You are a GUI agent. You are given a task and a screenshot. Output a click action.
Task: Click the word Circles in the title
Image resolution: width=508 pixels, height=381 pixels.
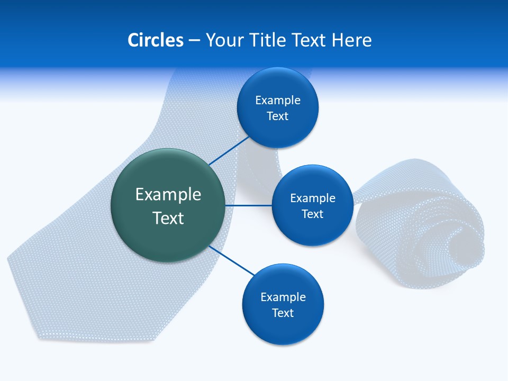click(x=156, y=40)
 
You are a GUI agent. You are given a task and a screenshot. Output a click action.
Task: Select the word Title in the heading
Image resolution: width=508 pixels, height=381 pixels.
click(x=267, y=40)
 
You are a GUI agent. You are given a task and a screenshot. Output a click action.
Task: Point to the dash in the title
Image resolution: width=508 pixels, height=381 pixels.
click(x=194, y=41)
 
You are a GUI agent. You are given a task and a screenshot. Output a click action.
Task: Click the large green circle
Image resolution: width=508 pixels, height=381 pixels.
click(x=168, y=205)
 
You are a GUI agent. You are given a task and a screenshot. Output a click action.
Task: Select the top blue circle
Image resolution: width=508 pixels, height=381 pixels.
click(x=278, y=107)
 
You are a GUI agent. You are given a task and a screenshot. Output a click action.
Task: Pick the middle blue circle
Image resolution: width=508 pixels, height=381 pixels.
click(x=313, y=205)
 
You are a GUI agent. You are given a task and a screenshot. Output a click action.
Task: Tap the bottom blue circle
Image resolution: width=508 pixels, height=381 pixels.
click(x=283, y=304)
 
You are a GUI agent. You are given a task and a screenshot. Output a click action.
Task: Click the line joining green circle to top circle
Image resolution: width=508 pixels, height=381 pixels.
click(x=229, y=151)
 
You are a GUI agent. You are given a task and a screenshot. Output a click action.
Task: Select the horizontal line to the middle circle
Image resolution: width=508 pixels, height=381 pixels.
click(x=249, y=205)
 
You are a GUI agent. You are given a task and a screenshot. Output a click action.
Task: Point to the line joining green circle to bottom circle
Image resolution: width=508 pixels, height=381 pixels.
click(x=232, y=261)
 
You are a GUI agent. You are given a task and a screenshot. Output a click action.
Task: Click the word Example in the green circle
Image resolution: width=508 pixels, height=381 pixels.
click(x=168, y=195)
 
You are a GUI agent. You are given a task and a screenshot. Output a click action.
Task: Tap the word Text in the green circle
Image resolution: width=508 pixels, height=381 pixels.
click(x=168, y=217)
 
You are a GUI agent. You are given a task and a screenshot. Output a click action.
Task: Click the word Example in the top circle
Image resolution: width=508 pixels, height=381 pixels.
click(x=278, y=101)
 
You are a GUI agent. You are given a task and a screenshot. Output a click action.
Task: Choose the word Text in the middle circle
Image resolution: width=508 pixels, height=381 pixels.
click(x=313, y=214)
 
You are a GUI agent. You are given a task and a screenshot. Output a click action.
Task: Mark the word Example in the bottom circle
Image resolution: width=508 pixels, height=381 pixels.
click(x=283, y=297)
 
